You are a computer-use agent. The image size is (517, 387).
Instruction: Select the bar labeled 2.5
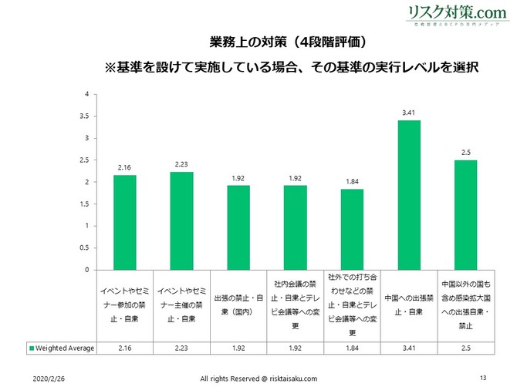(465, 215)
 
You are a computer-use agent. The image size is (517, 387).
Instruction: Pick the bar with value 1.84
(352, 229)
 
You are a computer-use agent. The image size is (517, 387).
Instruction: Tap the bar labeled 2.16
(125, 222)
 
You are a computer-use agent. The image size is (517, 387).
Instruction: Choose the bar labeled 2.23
(182, 220)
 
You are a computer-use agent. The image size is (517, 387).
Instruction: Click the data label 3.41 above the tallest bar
(409, 113)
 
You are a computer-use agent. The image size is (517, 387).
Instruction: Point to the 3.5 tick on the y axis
(86, 116)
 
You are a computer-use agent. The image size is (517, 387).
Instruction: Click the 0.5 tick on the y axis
(86, 248)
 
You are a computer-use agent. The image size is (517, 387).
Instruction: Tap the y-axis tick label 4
(87, 94)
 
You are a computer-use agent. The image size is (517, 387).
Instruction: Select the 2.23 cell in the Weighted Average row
(182, 348)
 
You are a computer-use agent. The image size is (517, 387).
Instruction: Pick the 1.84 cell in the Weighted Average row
(352, 348)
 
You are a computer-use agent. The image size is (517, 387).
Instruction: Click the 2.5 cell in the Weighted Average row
(465, 348)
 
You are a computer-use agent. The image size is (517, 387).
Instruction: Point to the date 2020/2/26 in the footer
(49, 378)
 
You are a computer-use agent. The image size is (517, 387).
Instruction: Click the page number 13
(483, 377)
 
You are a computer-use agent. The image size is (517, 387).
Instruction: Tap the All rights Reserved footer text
(258, 378)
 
